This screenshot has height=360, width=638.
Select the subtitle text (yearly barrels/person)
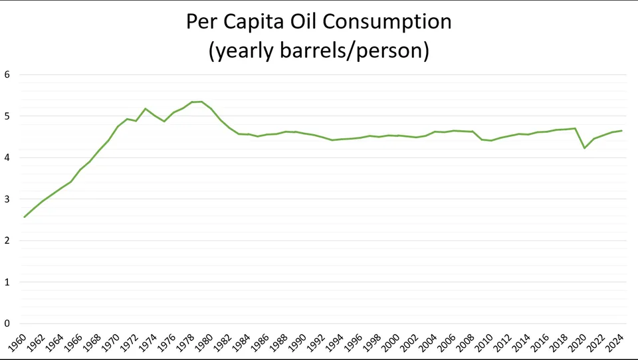tap(318, 50)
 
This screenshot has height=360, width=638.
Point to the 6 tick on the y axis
tap(7, 74)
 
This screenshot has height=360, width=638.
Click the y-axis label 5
tap(7, 116)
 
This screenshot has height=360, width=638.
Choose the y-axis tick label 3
tap(7, 199)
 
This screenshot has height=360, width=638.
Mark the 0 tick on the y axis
tap(7, 323)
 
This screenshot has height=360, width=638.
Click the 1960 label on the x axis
tap(19, 344)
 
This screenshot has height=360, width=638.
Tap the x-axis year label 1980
tap(205, 344)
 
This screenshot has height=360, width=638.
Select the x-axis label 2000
tap(391, 344)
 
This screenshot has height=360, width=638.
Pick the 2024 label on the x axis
tap(615, 344)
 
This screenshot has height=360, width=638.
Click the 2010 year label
tap(484, 344)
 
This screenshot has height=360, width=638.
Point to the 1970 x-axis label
tap(112, 344)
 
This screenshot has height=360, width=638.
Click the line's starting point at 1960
tap(25, 217)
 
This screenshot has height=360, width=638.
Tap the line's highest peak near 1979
tap(202, 102)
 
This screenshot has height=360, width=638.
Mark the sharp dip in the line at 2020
tap(585, 148)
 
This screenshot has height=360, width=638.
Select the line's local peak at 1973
tap(146, 108)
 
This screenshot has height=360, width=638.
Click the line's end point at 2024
tap(622, 131)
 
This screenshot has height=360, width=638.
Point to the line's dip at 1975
tap(164, 122)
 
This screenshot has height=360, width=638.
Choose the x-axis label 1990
tap(298, 344)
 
